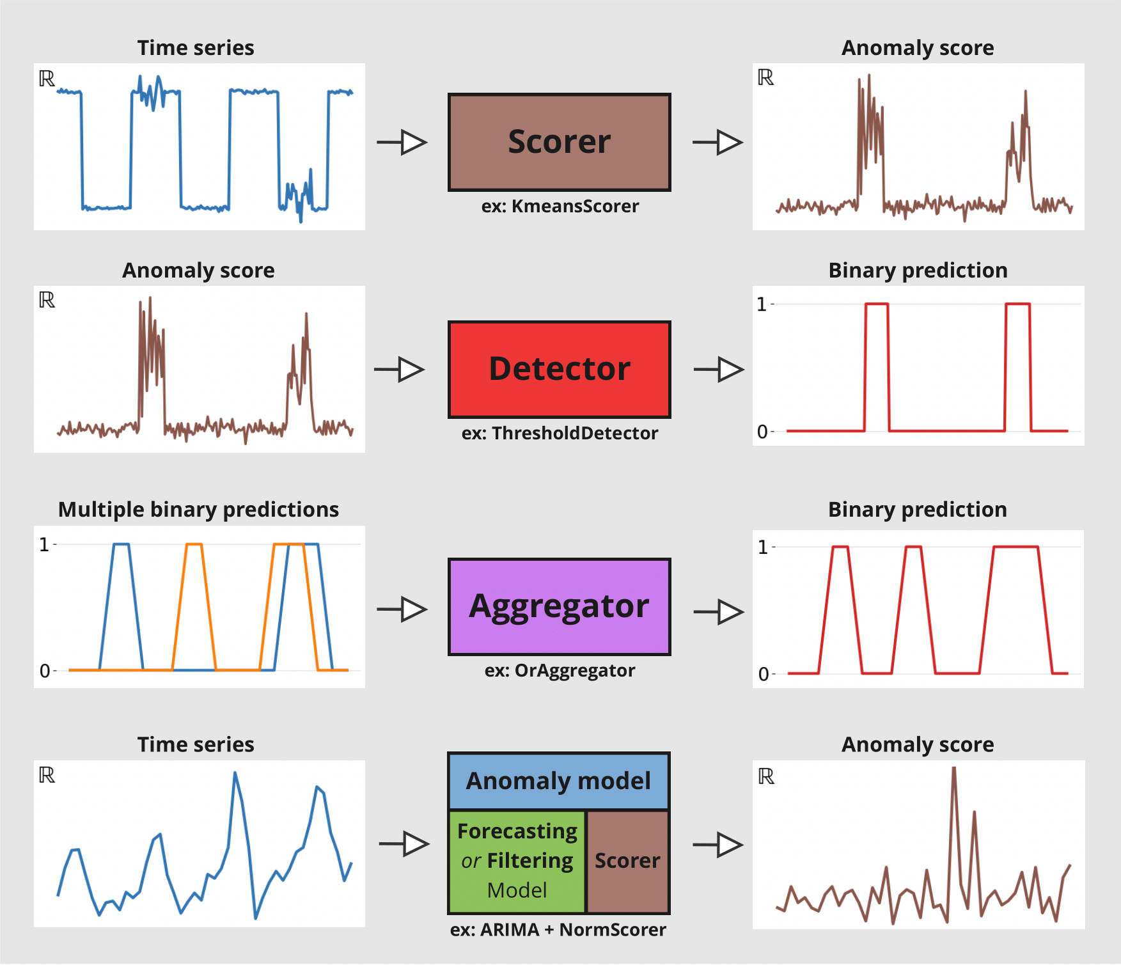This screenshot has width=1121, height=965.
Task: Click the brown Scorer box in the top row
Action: pyautogui.click(x=559, y=142)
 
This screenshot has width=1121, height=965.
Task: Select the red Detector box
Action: pyautogui.click(x=559, y=369)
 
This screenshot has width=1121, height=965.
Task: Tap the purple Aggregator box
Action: pyautogui.click(x=559, y=606)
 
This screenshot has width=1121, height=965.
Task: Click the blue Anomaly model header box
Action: pyautogui.click(x=558, y=781)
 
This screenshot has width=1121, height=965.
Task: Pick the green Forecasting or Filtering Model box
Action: pyautogui.click(x=517, y=861)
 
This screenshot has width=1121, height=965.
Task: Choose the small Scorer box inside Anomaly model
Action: pyautogui.click(x=627, y=861)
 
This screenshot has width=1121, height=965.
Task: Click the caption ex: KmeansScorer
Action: pyautogui.click(x=560, y=206)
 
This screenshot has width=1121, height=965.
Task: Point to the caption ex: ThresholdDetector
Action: pyautogui.click(x=560, y=433)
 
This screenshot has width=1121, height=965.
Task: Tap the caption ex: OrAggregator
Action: pyautogui.click(x=560, y=670)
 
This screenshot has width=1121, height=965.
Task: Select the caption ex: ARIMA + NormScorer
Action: pyautogui.click(x=558, y=929)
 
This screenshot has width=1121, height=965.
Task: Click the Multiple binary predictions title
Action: pyautogui.click(x=198, y=510)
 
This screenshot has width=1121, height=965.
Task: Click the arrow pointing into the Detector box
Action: pyautogui.click(x=400, y=370)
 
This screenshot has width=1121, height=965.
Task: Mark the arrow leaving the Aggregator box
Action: pyautogui.click(x=719, y=612)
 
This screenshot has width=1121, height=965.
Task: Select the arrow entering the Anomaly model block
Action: pyautogui.click(x=404, y=844)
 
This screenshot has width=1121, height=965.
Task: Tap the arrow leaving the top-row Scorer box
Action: pyautogui.click(x=718, y=142)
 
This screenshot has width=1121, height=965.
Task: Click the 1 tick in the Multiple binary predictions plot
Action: pyautogui.click(x=44, y=545)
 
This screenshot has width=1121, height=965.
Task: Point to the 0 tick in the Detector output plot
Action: pyautogui.click(x=762, y=432)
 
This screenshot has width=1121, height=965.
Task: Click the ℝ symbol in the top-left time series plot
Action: pyautogui.click(x=47, y=79)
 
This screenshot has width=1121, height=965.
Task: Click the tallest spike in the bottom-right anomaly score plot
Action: pyautogui.click(x=953, y=771)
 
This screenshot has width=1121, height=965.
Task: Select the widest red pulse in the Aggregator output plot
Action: pyautogui.click(x=1015, y=548)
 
